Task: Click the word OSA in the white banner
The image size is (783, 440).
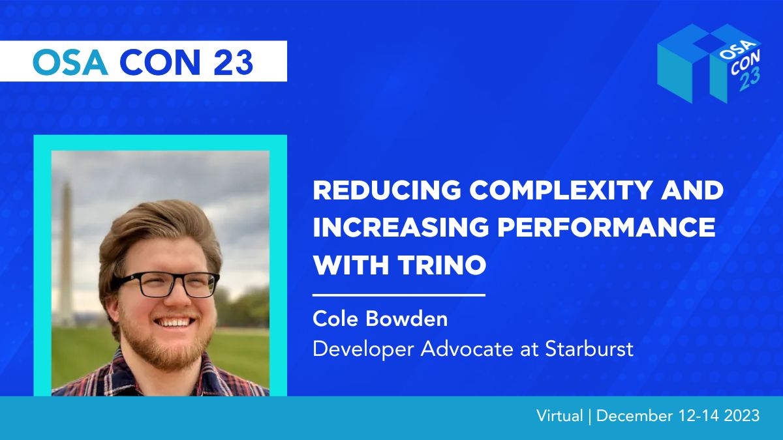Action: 70,62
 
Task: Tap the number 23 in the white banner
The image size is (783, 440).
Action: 233,62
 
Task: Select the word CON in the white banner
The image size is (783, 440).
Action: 160,62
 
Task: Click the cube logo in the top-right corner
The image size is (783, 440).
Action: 710,64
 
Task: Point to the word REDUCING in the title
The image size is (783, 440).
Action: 387,190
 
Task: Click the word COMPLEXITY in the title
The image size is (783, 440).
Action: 560,190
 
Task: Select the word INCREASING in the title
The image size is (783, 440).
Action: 401,227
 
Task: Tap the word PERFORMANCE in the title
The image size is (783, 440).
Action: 606,227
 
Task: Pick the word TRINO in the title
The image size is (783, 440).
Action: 442,265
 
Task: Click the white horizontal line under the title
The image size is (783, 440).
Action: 399,295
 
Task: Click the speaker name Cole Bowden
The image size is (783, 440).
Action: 380,319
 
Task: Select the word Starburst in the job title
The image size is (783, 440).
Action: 589,349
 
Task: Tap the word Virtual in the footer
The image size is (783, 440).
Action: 560,416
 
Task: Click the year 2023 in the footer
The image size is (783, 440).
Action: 742,416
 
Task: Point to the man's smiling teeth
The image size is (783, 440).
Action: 175,321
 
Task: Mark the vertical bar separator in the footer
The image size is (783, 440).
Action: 590,417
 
